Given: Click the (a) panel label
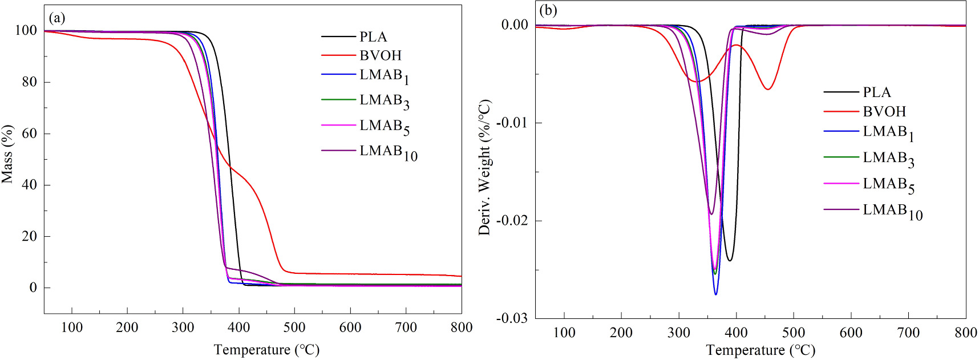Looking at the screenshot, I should (x=57, y=18).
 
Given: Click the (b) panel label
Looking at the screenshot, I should (x=548, y=11).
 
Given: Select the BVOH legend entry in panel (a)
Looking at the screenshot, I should (x=381, y=56).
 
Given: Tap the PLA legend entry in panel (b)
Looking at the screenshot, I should (x=876, y=92).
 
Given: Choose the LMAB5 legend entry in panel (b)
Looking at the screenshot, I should (x=888, y=184).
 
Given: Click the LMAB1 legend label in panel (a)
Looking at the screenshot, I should (x=384, y=76).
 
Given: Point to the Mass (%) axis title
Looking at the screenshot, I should (x=7, y=154).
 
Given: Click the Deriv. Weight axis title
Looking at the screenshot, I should (x=484, y=168).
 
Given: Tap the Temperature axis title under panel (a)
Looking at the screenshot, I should (x=266, y=350).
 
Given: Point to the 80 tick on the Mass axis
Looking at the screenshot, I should (x=29, y=82).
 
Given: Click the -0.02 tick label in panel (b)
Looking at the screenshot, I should (x=511, y=221).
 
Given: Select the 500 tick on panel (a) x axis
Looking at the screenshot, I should (x=294, y=327).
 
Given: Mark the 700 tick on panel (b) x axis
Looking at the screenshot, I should (x=908, y=333).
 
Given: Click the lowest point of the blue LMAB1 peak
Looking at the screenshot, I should (x=715, y=294).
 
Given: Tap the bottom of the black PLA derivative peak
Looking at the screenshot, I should (x=730, y=261).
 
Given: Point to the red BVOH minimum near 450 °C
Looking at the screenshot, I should (x=768, y=89).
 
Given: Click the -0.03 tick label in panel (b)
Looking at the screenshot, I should (x=511, y=318).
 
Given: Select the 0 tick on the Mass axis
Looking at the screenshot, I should (x=33, y=288).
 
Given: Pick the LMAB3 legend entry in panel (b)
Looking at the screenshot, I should (x=888, y=158).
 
